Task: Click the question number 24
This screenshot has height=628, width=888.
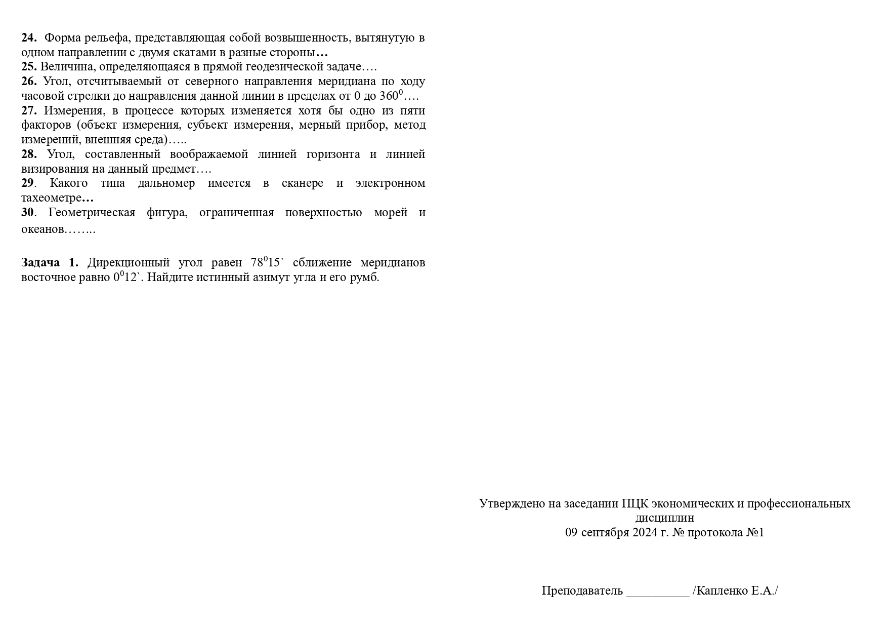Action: tap(29, 38)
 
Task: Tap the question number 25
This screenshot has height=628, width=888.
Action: tap(29, 67)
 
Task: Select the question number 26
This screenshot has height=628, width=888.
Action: tap(29, 82)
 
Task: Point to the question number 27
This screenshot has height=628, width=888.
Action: tap(29, 111)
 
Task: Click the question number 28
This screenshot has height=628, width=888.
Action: tap(29, 154)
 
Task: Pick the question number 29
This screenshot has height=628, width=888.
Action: tap(27, 183)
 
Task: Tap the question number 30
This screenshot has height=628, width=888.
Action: tap(27, 213)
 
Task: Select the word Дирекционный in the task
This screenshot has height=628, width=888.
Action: tap(128, 263)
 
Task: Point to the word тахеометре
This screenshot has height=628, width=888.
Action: tap(51, 198)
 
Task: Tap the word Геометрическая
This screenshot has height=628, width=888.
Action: tap(92, 213)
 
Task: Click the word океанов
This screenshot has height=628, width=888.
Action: tap(43, 229)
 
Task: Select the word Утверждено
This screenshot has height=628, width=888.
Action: tap(512, 504)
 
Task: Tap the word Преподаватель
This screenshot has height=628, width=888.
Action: tap(582, 591)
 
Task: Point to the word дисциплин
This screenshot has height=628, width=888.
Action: tap(664, 518)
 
